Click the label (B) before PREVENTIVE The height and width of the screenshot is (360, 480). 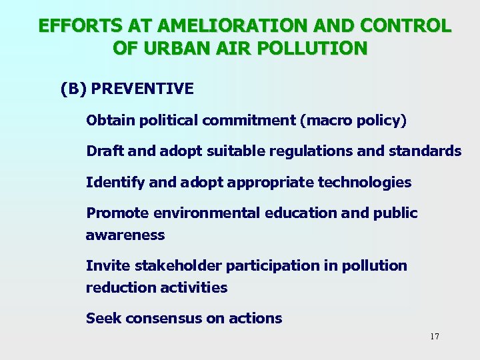[x=73, y=89]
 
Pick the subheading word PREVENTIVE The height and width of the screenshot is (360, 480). [x=142, y=89]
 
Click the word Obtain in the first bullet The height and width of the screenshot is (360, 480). [x=109, y=121]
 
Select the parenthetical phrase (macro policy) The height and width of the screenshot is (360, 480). [x=353, y=121]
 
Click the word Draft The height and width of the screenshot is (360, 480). [x=105, y=151]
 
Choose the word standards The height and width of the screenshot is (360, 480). [x=425, y=151]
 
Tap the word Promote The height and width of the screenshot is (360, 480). [x=117, y=213]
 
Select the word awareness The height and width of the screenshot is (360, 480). [x=125, y=235]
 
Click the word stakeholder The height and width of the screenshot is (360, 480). [x=178, y=265]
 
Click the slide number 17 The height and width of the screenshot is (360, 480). [x=435, y=337]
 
